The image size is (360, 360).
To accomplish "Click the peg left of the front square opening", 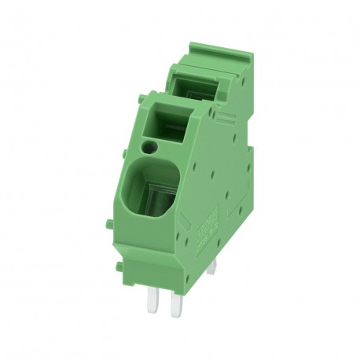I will [x=140, y=112].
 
